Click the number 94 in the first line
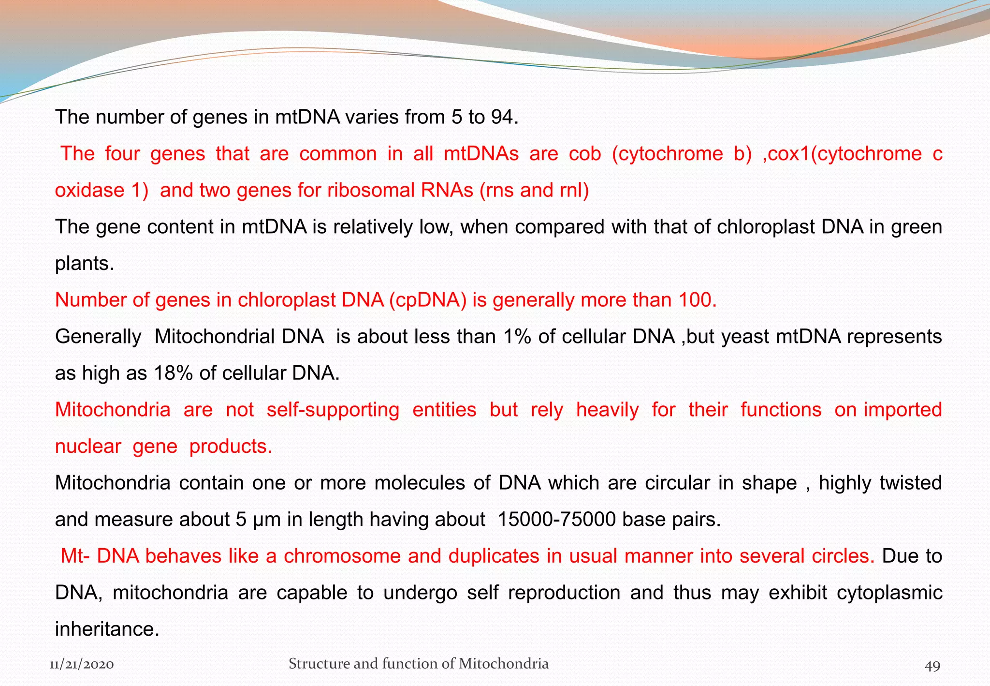[x=504, y=117]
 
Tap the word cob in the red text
[x=585, y=154]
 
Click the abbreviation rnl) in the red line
[x=574, y=190]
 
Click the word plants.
[x=85, y=264]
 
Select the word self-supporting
[x=333, y=410]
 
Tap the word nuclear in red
[x=88, y=446]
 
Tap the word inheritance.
[x=107, y=629]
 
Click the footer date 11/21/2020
[x=82, y=664]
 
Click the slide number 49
[x=932, y=666]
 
